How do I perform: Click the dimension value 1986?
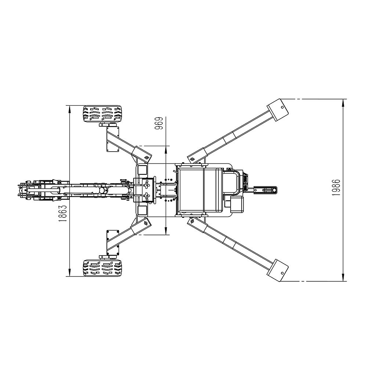click(x=337, y=187)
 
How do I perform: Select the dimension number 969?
click(x=159, y=123)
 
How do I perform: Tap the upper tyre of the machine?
click(x=102, y=114)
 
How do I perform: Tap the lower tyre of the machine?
click(x=102, y=268)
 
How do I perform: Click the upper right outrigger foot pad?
click(x=278, y=110)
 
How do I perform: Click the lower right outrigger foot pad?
click(x=278, y=270)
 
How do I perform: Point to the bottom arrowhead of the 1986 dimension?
click(x=343, y=277)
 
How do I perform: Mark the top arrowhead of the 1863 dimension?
click(x=69, y=109)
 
